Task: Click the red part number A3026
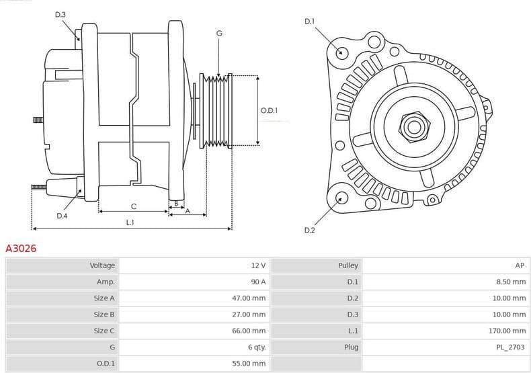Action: tap(21, 249)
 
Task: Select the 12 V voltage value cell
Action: tap(258, 265)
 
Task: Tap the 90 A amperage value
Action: tap(258, 282)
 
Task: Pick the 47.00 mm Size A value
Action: tap(249, 298)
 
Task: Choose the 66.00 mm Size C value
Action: tap(249, 331)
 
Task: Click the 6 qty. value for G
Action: tap(256, 347)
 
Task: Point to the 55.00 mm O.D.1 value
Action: tap(249, 364)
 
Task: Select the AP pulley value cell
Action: tap(520, 265)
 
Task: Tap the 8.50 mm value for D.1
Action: tap(511, 282)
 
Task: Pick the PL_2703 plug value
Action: tap(511, 347)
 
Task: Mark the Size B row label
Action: tap(104, 315)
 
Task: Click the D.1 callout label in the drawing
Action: tap(309, 22)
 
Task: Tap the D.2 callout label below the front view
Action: tap(309, 231)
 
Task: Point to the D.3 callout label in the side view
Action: tap(60, 14)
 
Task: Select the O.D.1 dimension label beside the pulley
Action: tap(269, 111)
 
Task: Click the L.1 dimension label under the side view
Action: tap(130, 222)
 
